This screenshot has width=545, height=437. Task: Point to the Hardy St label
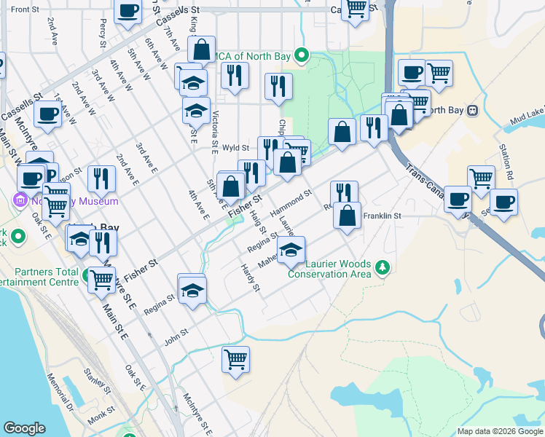click(x=251, y=277)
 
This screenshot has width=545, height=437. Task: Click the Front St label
click(x=25, y=9)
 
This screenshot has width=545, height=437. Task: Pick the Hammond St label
click(x=291, y=203)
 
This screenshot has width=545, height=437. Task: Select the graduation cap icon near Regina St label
click(x=192, y=291)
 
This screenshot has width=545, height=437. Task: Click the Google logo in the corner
click(x=24, y=428)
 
